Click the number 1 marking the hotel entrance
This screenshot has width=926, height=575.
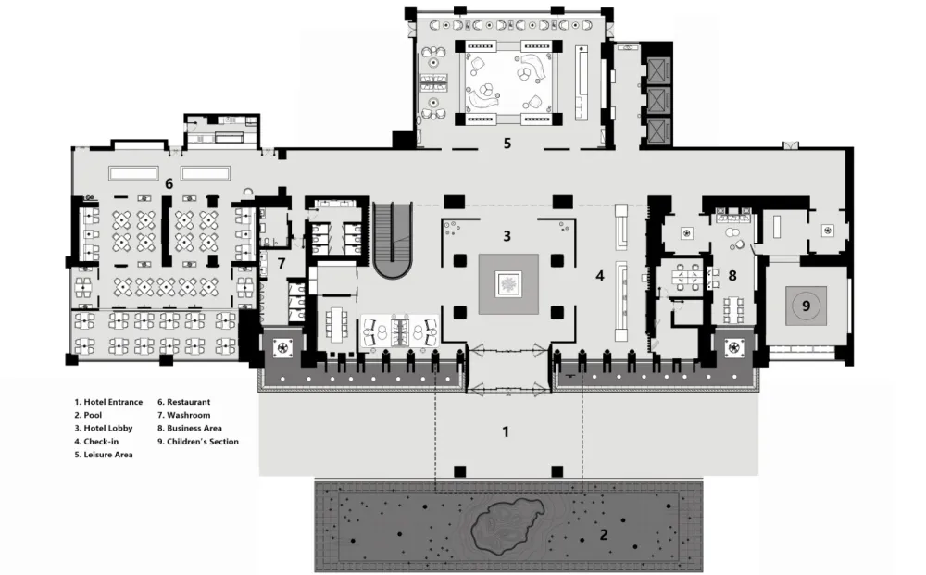(505, 432)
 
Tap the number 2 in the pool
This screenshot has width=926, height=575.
(604, 535)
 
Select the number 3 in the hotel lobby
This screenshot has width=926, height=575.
(507, 236)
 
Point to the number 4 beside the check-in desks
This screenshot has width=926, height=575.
(600, 276)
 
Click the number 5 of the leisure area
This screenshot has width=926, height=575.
(507, 144)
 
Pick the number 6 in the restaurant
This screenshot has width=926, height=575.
(169, 184)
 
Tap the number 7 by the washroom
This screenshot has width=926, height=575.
(282, 263)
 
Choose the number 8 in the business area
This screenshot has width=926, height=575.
(732, 276)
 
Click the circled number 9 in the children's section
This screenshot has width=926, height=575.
(807, 306)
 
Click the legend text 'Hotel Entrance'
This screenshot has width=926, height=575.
(113, 402)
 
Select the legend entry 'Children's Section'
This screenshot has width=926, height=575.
(203, 442)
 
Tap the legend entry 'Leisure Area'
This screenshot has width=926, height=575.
(108, 455)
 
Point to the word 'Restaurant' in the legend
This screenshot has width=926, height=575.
(188, 402)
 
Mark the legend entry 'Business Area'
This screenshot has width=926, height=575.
(194, 428)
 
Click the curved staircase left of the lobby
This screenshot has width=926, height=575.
(393, 240)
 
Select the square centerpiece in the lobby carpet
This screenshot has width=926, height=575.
(508, 284)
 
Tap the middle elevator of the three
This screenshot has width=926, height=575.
(657, 100)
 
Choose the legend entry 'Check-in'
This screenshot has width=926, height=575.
(101, 442)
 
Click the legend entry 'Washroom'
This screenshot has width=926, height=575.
(188, 415)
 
